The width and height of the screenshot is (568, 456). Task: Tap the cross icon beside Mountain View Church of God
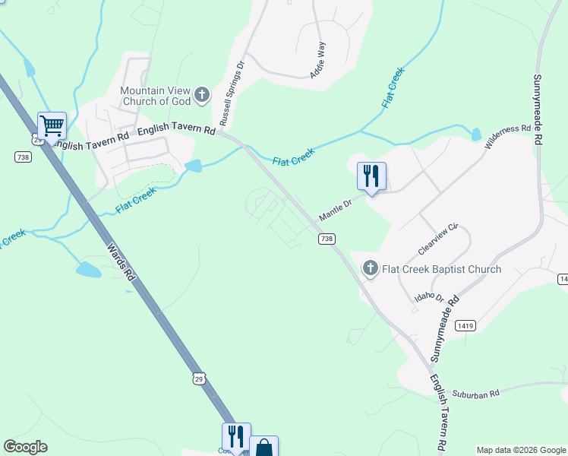tap(202, 95)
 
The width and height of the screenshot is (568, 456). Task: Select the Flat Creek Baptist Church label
tap(441, 269)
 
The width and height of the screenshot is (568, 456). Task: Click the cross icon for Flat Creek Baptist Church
tap(371, 268)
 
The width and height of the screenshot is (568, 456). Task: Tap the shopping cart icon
tap(52, 125)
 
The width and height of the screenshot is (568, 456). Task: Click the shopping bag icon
tap(263, 448)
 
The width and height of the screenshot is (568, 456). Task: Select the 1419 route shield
tap(465, 325)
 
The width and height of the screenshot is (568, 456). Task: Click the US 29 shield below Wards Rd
tap(198, 378)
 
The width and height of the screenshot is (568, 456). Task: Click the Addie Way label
tap(318, 60)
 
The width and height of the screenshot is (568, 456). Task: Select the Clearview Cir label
tap(439, 239)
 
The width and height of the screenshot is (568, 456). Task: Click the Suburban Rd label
tap(475, 394)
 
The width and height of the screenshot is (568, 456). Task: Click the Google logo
tap(25, 447)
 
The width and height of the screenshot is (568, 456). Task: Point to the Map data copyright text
tap(520, 450)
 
